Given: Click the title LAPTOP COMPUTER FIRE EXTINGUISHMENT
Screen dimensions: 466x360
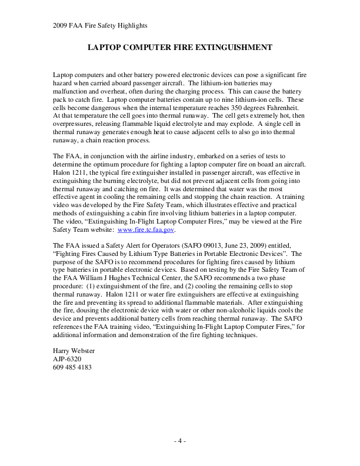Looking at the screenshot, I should coord(179,45).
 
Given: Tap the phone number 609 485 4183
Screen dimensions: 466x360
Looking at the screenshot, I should coord(72,368).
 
